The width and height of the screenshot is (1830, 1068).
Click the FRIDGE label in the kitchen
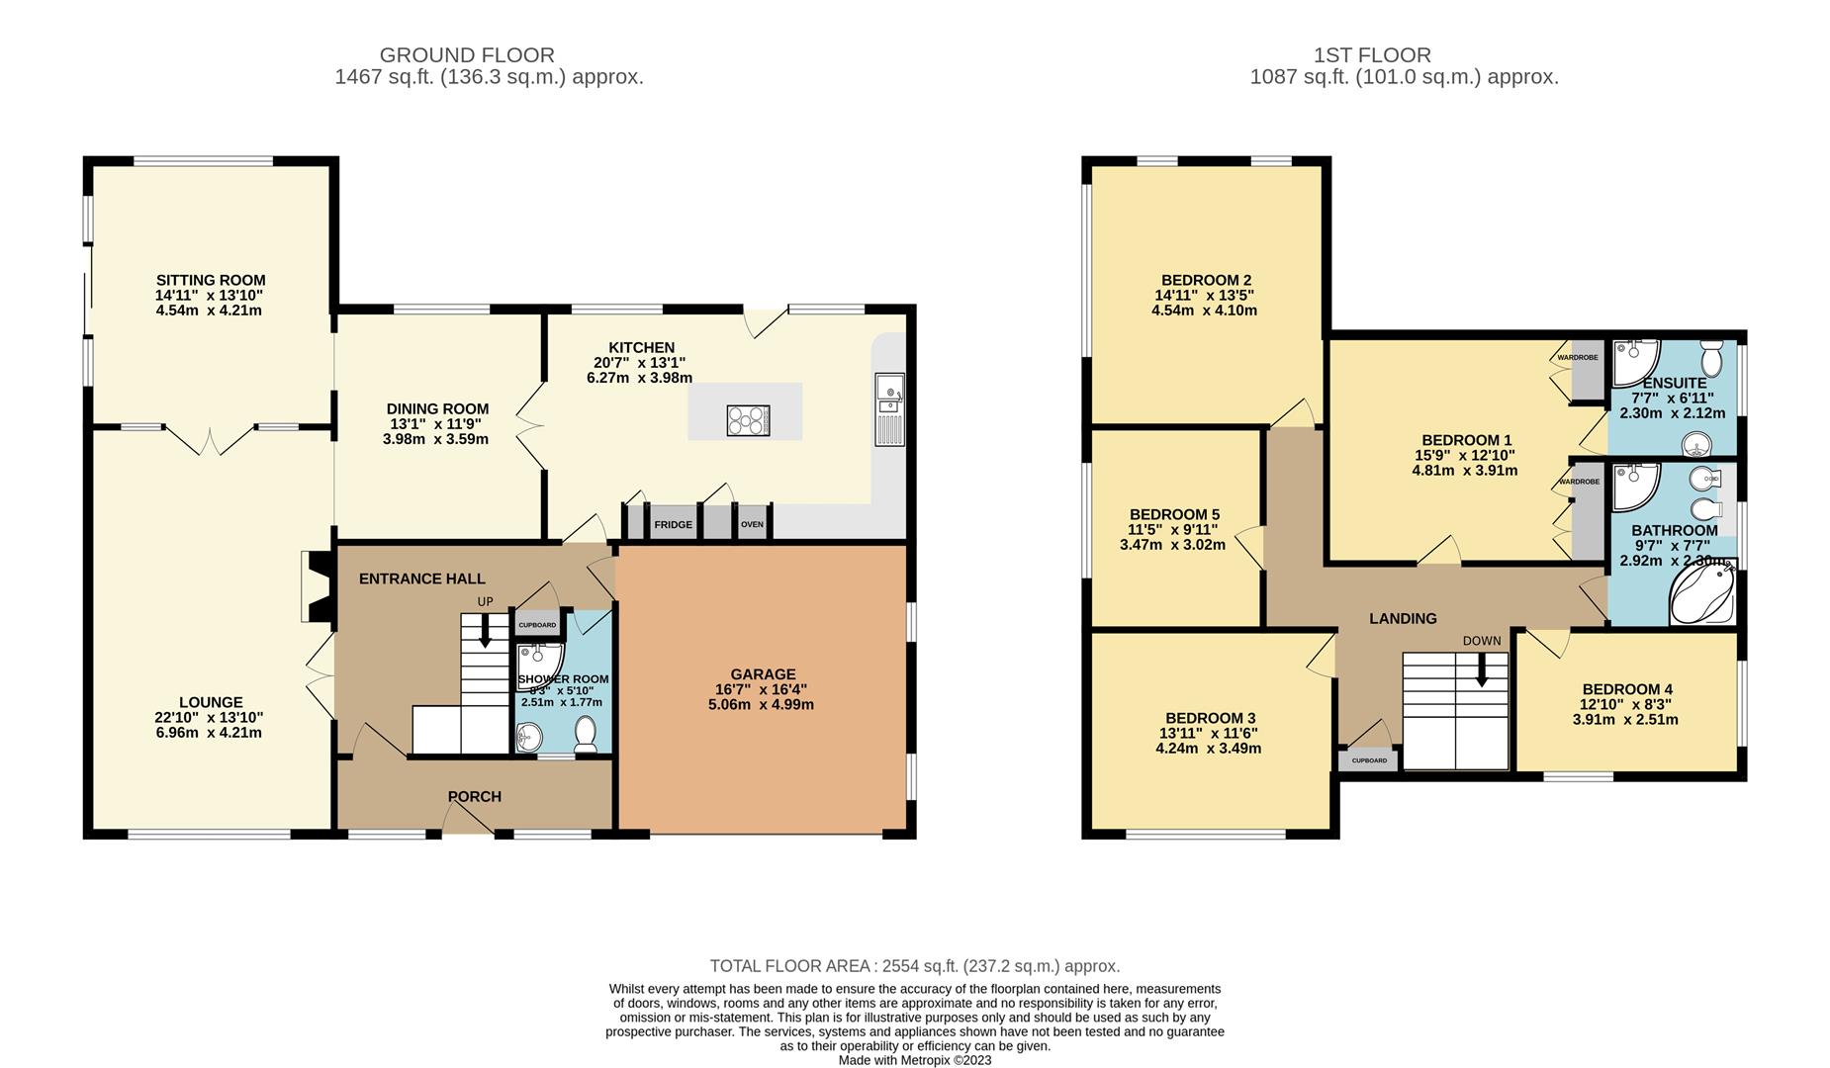tap(673, 524)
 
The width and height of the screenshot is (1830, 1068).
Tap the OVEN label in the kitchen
tap(752, 524)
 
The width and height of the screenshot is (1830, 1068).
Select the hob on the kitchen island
tap(748, 420)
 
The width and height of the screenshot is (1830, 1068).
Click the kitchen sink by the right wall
tap(889, 408)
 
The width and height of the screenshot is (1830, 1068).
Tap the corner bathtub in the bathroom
tap(1701, 593)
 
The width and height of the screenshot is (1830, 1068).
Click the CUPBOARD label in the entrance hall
tap(537, 625)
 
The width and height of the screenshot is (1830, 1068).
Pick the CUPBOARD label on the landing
tap(1369, 760)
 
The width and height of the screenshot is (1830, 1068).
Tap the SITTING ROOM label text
tap(211, 280)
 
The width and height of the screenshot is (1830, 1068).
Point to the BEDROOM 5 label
tap(1174, 514)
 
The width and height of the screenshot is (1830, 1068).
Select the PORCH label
tap(474, 796)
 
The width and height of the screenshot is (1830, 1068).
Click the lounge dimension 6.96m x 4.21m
tap(208, 733)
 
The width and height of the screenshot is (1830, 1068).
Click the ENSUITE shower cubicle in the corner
tap(1633, 363)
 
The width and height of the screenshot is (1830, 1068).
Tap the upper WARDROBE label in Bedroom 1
tap(1578, 357)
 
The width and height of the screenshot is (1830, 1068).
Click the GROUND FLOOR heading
tap(467, 55)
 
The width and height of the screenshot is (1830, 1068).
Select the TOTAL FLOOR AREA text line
tap(914, 966)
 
